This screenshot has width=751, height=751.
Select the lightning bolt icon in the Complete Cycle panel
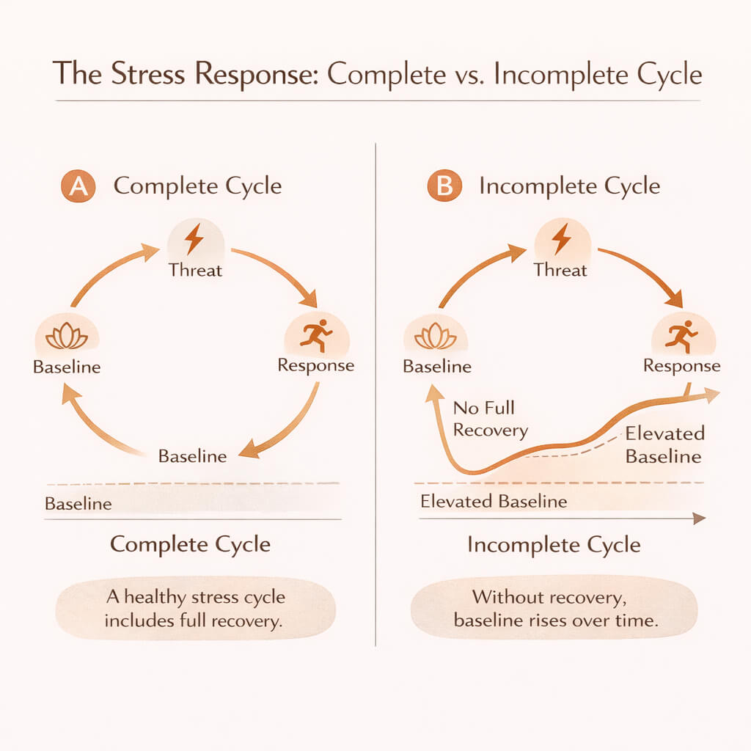194,239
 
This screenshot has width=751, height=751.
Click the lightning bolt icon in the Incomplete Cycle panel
561,239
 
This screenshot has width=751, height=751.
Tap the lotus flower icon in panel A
67,337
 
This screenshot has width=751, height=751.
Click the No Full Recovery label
490,419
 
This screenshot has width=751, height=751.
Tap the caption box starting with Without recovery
554,608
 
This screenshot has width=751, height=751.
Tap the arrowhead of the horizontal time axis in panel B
699,519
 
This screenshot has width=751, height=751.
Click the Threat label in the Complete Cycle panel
194,270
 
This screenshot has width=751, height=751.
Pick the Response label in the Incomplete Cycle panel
681,365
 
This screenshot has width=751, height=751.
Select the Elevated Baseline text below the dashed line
494,502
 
